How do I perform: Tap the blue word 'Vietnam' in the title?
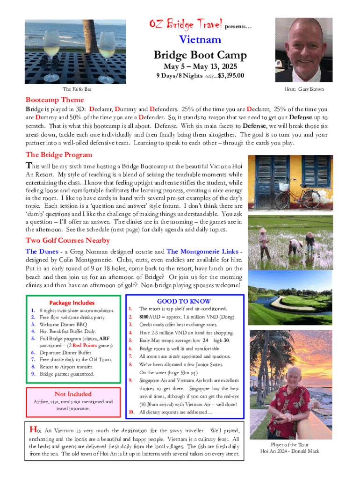tap(201, 40)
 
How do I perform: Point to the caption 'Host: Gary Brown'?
tap(304, 89)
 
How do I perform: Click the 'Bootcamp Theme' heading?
tap(55, 100)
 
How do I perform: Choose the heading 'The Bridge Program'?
tap(59, 155)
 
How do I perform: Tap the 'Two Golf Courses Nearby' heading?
tap(68, 240)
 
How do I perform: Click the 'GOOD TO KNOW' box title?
tap(184, 301)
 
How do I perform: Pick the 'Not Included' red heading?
tap(73, 394)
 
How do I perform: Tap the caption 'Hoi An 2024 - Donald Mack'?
tap(290, 451)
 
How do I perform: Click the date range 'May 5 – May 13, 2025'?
tap(201, 66)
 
